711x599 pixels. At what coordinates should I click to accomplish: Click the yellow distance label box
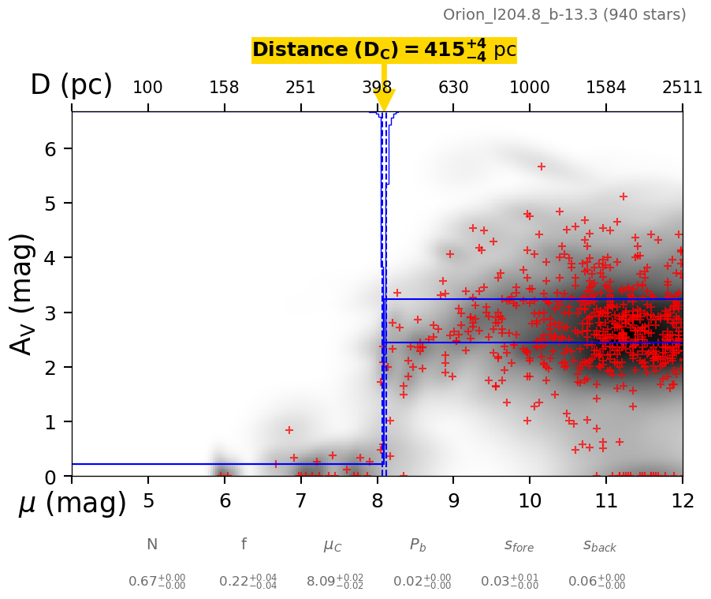click(384, 51)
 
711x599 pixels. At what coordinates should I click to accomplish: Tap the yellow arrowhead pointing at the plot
click(384, 101)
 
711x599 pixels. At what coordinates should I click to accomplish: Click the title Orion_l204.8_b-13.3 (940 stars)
click(564, 15)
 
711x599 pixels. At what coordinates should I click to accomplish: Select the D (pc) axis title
click(71, 85)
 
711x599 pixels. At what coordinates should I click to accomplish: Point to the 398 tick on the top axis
click(377, 87)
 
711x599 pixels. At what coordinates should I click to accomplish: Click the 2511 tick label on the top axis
click(682, 87)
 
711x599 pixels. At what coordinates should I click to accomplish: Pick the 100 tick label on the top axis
click(147, 87)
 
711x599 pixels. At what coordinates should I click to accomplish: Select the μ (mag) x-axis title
click(73, 504)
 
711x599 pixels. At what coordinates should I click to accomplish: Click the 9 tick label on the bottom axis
click(453, 500)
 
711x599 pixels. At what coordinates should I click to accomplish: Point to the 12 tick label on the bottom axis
click(682, 500)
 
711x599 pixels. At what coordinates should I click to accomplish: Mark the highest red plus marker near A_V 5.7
click(542, 167)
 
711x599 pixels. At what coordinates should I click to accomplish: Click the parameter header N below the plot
click(152, 545)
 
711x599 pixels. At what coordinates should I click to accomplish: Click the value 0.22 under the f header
click(238, 582)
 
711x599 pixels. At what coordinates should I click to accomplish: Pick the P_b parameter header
click(419, 545)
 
